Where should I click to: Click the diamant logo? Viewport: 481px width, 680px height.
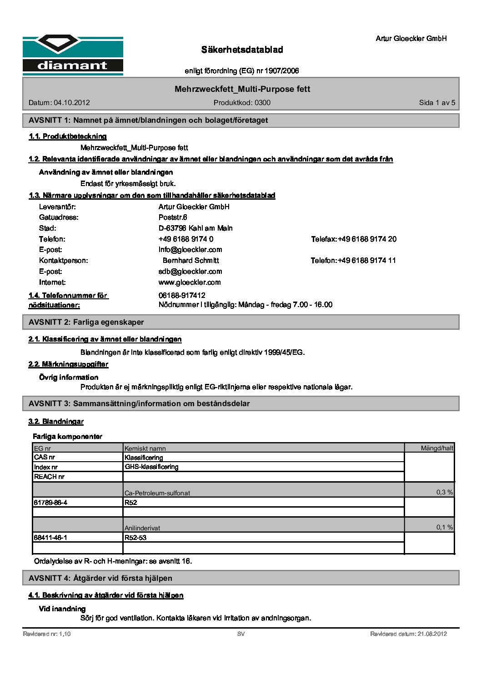click(73, 55)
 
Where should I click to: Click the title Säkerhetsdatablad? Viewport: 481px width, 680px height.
click(242, 50)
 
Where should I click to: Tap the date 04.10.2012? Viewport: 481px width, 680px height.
click(72, 103)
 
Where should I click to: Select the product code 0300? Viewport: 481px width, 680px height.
click(262, 103)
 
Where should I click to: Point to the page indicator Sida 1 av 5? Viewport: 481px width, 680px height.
click(436, 103)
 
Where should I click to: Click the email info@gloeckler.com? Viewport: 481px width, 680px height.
click(190, 250)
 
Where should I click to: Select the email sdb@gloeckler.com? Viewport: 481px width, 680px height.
click(190, 272)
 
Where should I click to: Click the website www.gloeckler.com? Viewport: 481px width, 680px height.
click(190, 282)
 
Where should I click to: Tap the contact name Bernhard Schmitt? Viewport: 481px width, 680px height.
click(190, 261)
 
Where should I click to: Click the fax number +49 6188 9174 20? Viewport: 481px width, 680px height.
click(367, 239)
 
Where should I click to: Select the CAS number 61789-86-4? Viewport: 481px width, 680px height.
click(50, 503)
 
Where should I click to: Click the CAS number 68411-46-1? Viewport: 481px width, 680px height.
click(50, 538)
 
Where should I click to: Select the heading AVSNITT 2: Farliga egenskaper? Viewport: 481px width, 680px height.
click(86, 322)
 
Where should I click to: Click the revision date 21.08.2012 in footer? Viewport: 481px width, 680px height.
click(432, 634)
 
